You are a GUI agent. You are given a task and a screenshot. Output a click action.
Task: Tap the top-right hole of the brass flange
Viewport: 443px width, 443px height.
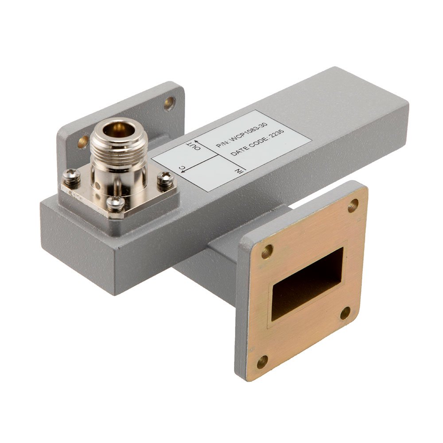click(353, 206)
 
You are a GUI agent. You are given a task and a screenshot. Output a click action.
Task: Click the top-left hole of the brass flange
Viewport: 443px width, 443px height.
click(267, 252)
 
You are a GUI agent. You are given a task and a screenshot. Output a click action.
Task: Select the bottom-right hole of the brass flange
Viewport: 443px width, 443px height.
click(345, 313)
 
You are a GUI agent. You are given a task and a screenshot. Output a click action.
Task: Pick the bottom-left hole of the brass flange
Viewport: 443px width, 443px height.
click(262, 362)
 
